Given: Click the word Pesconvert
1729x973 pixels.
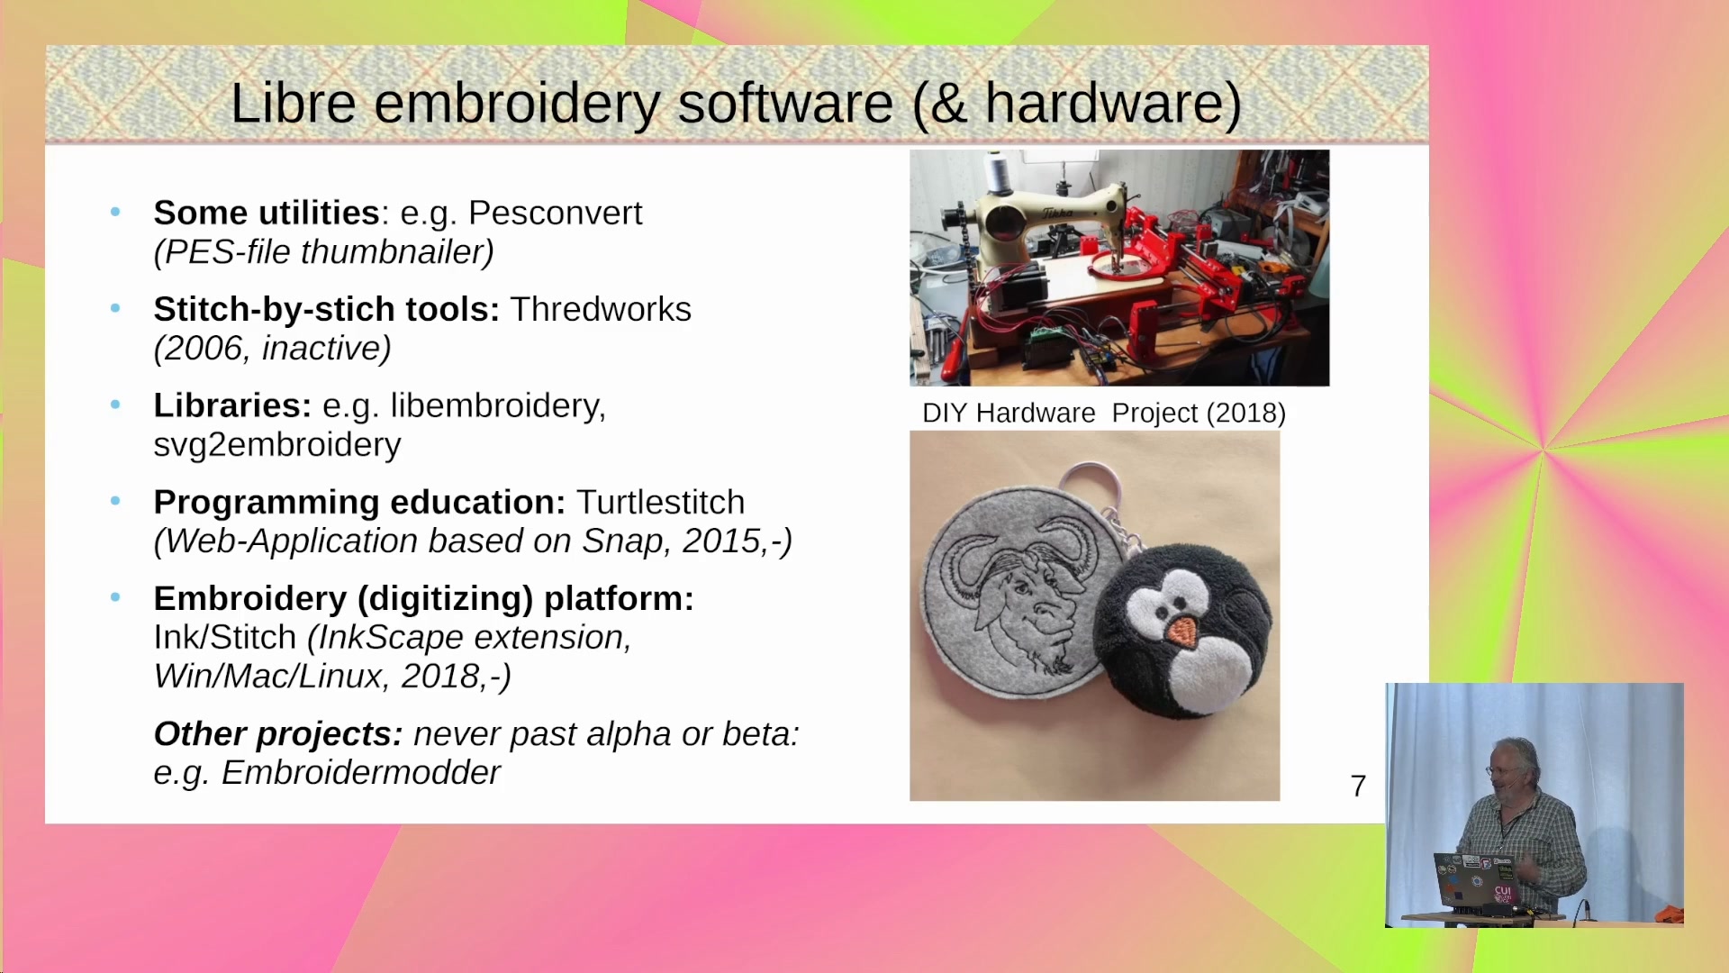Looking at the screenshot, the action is coord(555,214).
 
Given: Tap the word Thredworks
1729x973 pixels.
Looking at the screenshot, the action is coord(601,310).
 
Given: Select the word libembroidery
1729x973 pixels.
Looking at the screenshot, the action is coord(498,406).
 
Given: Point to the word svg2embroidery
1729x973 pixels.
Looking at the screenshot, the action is coord(277,445).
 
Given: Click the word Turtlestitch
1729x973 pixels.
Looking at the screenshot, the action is coord(661,503).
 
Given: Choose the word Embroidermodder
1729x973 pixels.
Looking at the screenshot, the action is coord(360,773).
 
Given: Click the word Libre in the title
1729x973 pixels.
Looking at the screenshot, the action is coord(294,103).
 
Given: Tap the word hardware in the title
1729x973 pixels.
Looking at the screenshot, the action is coord(1102,103).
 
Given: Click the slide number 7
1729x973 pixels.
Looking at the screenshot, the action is coord(1358,787).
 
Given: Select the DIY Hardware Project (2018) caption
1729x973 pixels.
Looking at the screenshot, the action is coord(1104,414).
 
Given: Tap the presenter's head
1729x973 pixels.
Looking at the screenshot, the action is coord(1509,766).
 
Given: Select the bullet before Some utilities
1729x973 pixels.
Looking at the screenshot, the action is coord(115,213).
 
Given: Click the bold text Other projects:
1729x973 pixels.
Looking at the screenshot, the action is coord(278,734).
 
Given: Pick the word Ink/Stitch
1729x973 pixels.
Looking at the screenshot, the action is coord(225,638).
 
